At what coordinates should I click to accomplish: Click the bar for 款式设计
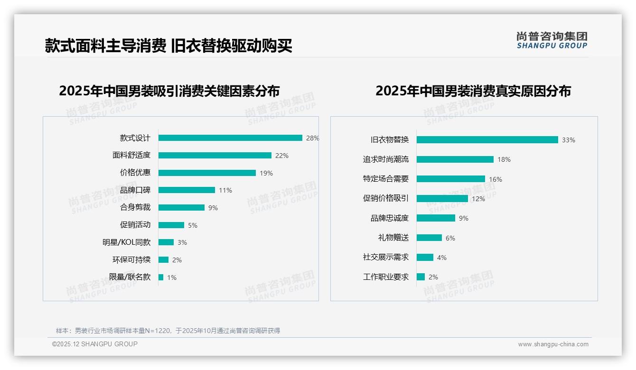[x=230, y=138]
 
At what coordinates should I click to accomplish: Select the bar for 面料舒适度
[x=215, y=156]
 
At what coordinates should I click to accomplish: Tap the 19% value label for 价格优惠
[x=266, y=173]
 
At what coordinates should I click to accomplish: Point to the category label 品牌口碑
[x=135, y=190]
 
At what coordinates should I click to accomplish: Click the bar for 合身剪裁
[x=181, y=208]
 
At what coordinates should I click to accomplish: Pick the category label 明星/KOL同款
[x=126, y=242]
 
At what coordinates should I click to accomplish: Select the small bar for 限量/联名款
[x=161, y=277]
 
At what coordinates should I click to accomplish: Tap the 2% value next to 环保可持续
[x=177, y=260]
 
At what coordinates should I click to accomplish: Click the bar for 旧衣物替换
[x=487, y=140]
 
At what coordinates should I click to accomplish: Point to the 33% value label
[x=569, y=140]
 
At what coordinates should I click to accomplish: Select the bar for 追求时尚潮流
[x=455, y=159]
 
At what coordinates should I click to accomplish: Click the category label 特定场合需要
[x=386, y=179]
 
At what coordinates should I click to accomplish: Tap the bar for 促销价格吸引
[x=442, y=199]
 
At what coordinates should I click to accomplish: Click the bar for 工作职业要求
[x=421, y=277]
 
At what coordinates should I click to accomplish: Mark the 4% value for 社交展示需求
[x=442, y=258]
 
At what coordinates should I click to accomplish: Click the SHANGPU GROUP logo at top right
[x=552, y=40]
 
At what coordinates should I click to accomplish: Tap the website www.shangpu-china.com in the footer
[x=553, y=344]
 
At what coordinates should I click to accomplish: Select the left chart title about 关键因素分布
[x=169, y=91]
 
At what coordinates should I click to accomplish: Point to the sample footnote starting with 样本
[x=168, y=331]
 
